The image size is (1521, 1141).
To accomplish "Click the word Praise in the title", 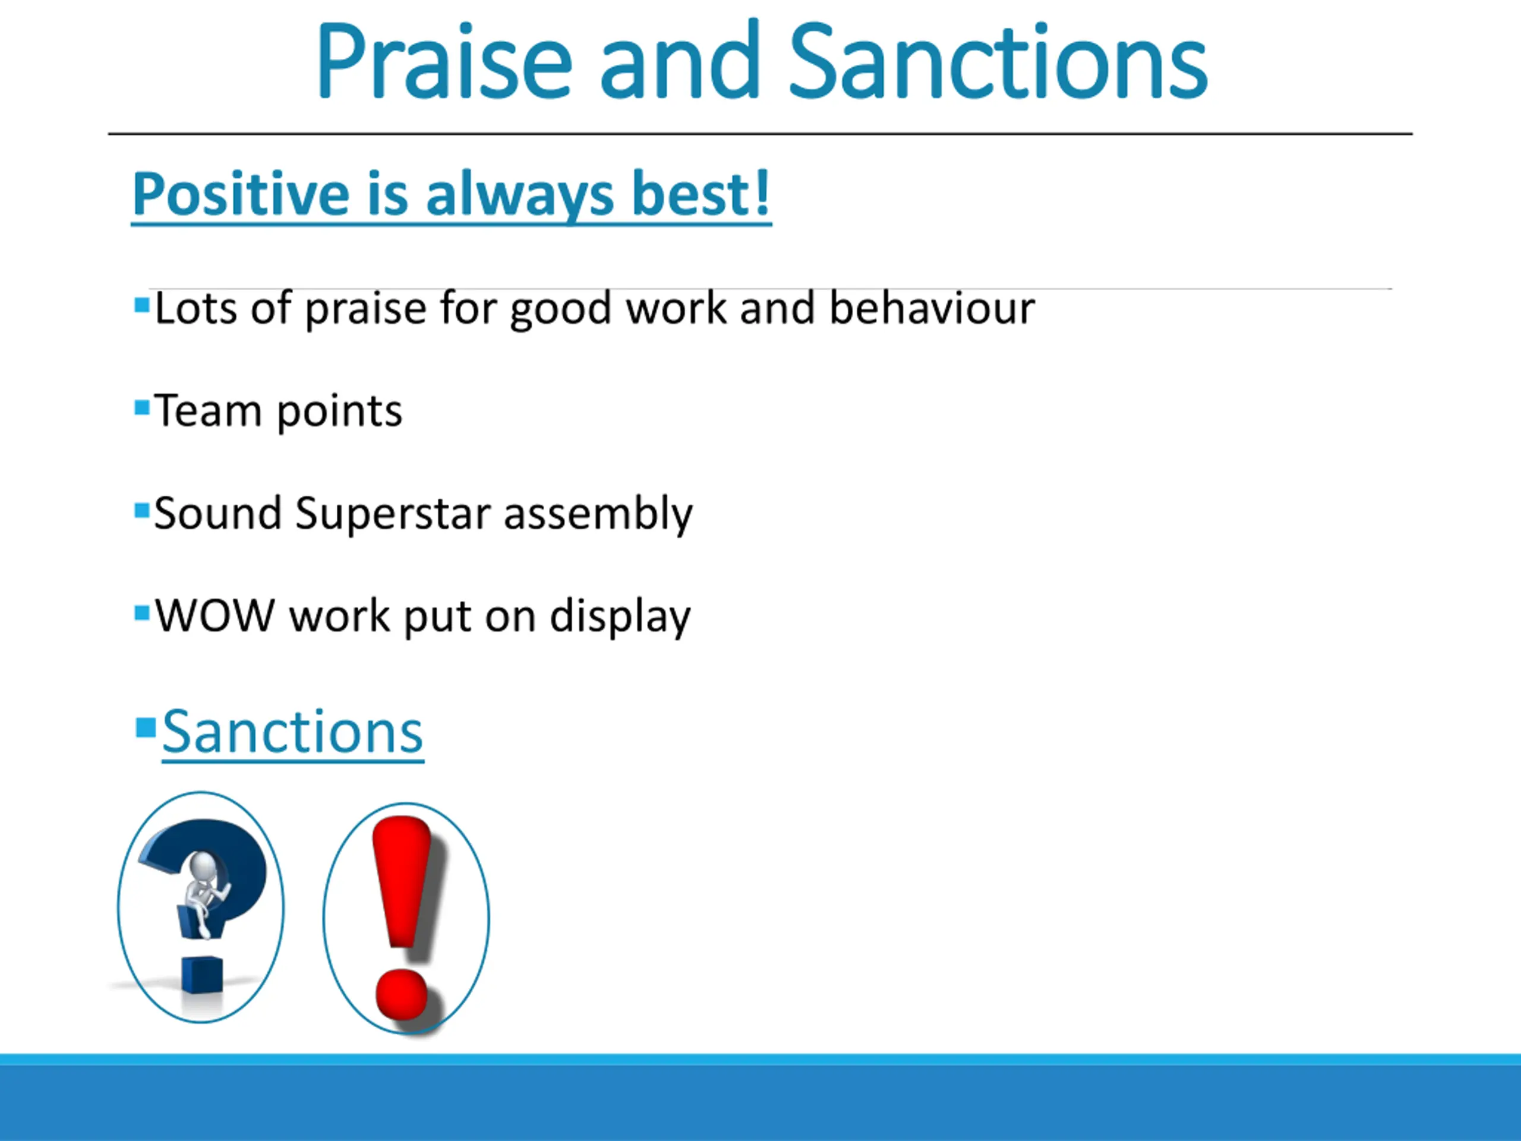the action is tap(443, 62).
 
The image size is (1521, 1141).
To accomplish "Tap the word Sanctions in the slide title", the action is tap(998, 62).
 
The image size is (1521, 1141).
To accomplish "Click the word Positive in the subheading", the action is tap(241, 196).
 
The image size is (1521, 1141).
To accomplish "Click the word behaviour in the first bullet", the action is tap(932, 307).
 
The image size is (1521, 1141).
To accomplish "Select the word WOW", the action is tap(214, 615).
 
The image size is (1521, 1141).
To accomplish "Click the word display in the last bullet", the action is tap(620, 616).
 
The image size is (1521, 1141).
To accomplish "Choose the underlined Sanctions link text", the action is tap(292, 733).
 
